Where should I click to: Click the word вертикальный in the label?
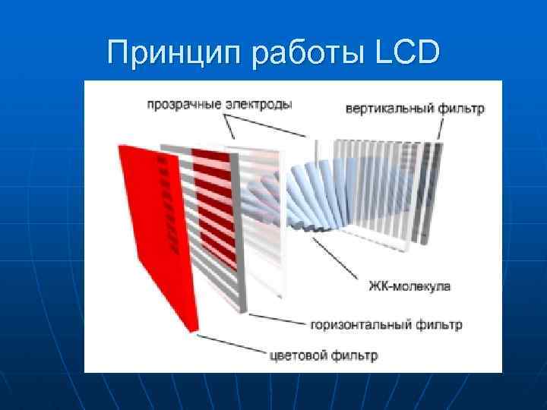pyautogui.click(x=389, y=109)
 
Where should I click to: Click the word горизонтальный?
pyautogui.click(x=362, y=325)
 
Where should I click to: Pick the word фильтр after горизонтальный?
pyautogui.click(x=438, y=325)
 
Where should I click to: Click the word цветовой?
pyautogui.click(x=299, y=355)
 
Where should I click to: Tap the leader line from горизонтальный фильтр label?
pyautogui.click(x=277, y=318)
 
